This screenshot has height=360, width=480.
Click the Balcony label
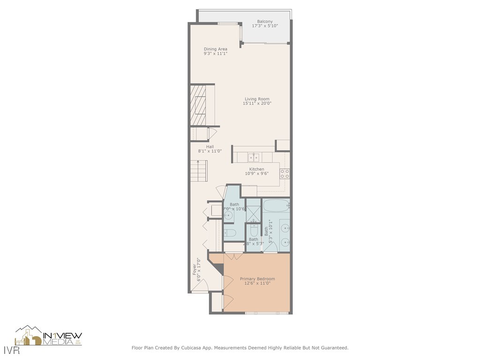pyautogui.click(x=265, y=22)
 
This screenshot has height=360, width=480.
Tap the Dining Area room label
pyautogui.click(x=215, y=49)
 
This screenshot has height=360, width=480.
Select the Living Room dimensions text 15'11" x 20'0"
pyautogui.click(x=257, y=104)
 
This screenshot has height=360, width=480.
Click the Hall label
pyautogui.click(x=210, y=147)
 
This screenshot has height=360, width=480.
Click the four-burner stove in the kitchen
pyautogui.click(x=285, y=174)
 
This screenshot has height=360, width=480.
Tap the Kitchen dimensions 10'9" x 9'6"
pyautogui.click(x=256, y=173)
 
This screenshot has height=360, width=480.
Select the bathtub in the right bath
pyautogui.click(x=276, y=205)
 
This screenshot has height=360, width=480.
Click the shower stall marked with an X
pyautogui.click(x=254, y=214)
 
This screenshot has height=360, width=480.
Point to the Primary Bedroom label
pyautogui.click(x=257, y=279)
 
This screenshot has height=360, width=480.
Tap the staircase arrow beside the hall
pyautogui.click(x=199, y=172)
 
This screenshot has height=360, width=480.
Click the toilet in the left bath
pyautogui.click(x=230, y=233)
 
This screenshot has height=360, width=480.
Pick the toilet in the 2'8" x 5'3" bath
pyautogui.click(x=254, y=230)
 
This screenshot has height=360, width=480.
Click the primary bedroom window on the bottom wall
pyautogui.click(x=266, y=313)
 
